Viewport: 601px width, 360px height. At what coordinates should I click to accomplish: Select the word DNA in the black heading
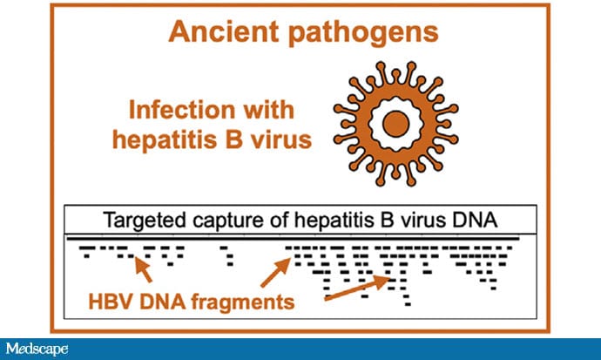point(478,220)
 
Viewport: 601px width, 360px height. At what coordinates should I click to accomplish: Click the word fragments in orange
point(240,302)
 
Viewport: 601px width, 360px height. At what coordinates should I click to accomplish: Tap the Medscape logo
point(39,349)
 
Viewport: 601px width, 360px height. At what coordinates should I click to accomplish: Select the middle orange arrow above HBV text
point(274,270)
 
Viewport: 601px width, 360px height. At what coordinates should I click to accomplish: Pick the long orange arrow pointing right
point(357,289)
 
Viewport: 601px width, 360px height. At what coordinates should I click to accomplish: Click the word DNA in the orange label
point(168,302)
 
